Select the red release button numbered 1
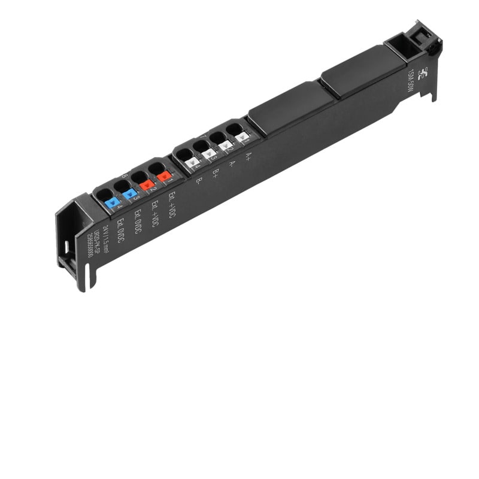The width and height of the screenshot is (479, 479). click(163, 176)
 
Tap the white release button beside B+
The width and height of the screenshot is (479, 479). click(208, 153)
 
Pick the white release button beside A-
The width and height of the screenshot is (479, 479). click(225, 145)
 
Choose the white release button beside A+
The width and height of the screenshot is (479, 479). click(242, 137)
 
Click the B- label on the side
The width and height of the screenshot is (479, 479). click(199, 180)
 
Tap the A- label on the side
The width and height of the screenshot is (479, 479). click(232, 163)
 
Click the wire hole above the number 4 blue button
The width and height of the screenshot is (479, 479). click(104, 194)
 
